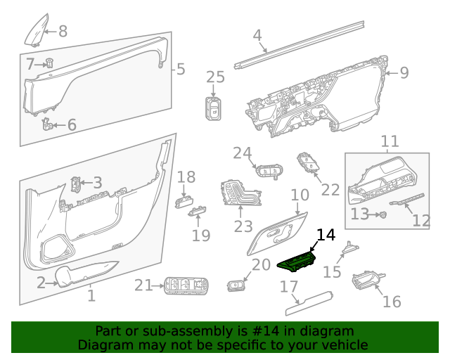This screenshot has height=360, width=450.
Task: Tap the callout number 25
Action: coord(215,77)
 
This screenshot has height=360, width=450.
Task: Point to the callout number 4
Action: coord(257,34)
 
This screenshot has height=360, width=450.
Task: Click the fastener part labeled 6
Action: coord(49,124)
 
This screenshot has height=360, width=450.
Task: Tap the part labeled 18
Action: coord(184,201)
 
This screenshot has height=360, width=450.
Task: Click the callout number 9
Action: coord(404,72)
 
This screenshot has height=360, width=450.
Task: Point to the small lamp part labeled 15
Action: coord(349,249)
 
